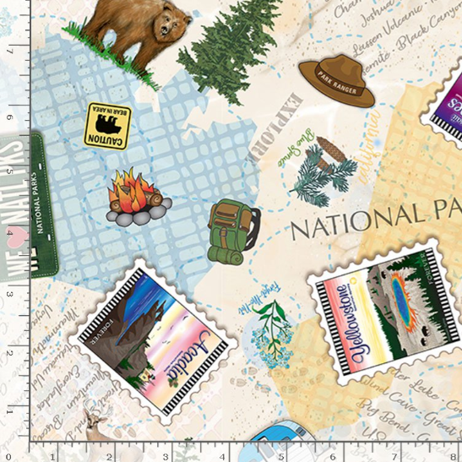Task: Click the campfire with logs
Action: coord(137,198)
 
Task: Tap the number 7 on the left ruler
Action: coord(10,51)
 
